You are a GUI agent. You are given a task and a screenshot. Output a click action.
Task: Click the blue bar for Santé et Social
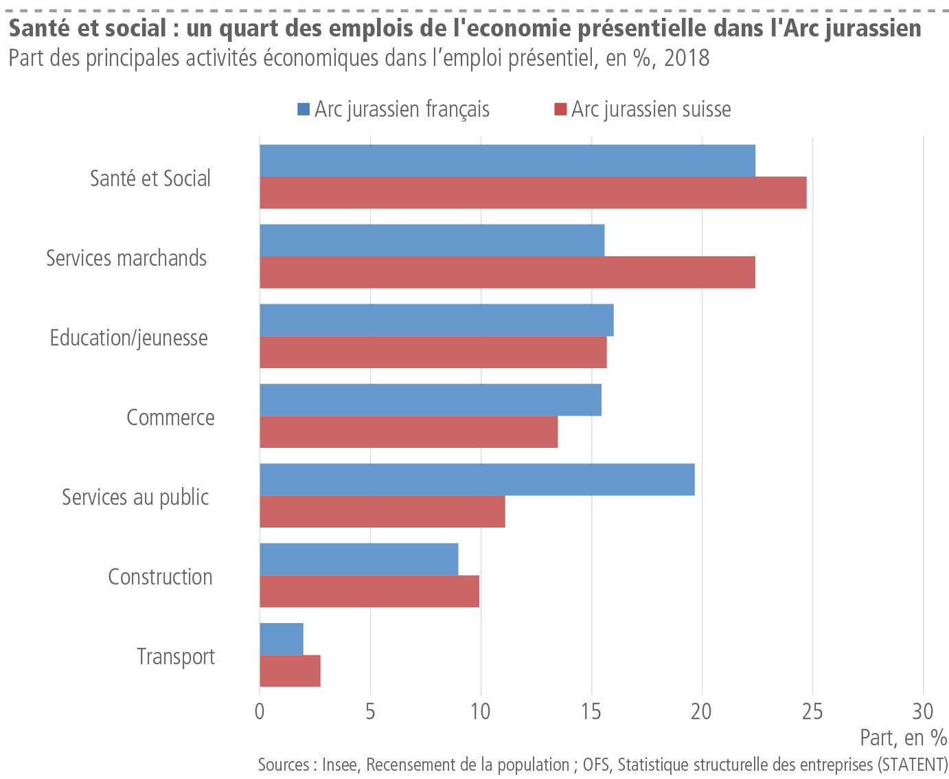[507, 161]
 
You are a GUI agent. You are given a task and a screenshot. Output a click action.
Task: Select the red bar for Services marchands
[507, 273]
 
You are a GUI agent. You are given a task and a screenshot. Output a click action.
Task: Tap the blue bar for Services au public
[477, 479]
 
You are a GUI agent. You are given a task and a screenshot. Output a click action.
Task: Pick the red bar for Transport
[290, 671]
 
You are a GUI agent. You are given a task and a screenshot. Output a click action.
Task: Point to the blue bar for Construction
[358, 559]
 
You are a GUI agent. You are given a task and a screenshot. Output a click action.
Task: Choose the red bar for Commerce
[409, 432]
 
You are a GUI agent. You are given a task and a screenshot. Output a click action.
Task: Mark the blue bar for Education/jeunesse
[437, 320]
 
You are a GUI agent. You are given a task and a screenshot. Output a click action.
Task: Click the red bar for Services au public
[382, 512]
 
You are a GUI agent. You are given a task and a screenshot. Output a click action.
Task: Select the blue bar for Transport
[282, 639]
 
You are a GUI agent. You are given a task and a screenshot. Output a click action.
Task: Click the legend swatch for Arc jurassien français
[304, 109]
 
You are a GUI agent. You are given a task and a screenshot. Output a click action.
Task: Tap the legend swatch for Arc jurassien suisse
[560, 109]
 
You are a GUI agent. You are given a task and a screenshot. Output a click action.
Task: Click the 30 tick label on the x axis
[923, 711]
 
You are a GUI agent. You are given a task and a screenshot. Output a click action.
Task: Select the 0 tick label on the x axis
[260, 711]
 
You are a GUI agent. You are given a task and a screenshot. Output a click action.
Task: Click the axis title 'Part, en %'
[903, 738]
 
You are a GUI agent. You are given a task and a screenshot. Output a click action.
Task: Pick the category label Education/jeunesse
[129, 338]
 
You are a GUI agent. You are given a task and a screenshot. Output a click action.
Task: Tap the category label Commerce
[170, 418]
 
